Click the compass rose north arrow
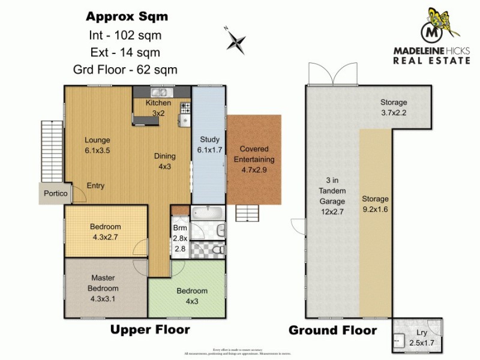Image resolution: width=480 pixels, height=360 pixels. point(236,41)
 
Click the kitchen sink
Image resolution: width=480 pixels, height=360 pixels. point(160,92)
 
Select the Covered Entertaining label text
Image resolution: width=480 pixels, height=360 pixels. point(257,154)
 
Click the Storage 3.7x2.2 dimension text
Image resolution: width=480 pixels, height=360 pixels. point(393,112)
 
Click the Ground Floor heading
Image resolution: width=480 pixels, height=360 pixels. point(332,331)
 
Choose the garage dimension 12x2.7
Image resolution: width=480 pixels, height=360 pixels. point(328,211)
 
